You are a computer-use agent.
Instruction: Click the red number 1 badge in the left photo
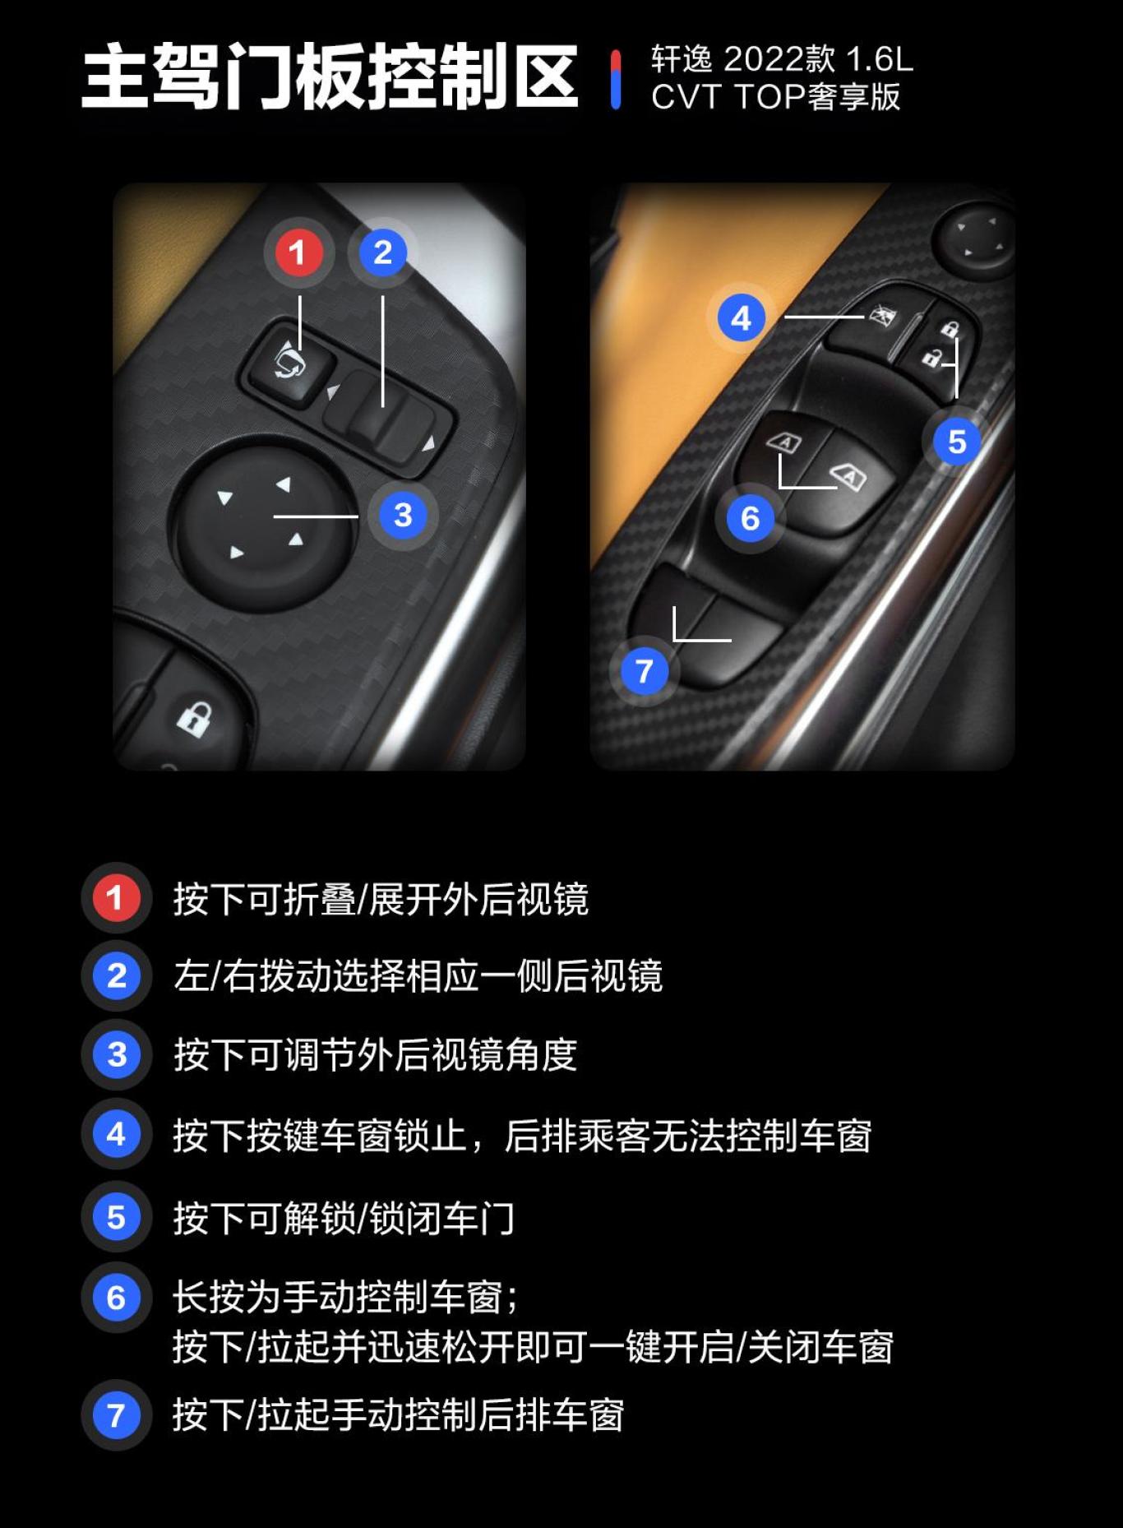point(297,252)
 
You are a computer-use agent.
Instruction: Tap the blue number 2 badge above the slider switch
point(382,252)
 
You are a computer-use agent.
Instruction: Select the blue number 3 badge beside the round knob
point(402,516)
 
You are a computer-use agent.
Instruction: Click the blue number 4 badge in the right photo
point(741,318)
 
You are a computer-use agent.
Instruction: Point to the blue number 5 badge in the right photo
point(956,442)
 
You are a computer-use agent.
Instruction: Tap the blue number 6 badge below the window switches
point(750,518)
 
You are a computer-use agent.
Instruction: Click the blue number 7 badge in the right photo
point(644,671)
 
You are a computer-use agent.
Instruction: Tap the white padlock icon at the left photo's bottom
point(194,719)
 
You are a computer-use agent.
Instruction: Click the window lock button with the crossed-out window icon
point(871,325)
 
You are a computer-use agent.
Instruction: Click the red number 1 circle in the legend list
point(115,897)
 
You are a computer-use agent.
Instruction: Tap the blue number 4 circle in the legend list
point(115,1134)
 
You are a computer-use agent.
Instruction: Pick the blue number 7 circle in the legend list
point(115,1415)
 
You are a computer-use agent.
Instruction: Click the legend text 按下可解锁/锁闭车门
point(344,1218)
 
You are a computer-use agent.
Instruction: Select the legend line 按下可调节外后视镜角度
point(375,1055)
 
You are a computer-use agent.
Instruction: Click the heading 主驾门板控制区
point(330,76)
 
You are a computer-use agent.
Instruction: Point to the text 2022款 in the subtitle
point(778,59)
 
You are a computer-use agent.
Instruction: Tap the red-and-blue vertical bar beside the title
point(616,79)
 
